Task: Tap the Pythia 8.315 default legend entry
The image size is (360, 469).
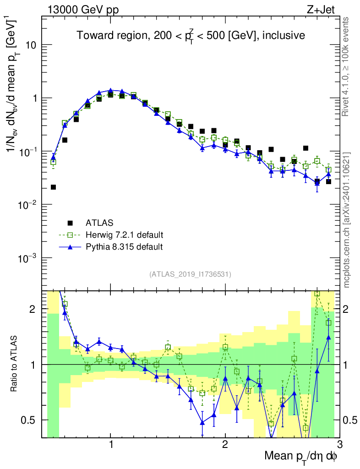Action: pos(124,247)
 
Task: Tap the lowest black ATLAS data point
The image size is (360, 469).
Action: pos(54,187)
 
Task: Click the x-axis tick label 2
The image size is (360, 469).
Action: pos(225,446)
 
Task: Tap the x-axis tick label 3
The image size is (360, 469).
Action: pos(339,446)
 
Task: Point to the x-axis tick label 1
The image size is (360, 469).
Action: pos(111,446)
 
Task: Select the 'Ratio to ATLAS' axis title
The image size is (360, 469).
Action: pos(15,364)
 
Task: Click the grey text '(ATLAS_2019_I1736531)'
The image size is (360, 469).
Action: pos(190,274)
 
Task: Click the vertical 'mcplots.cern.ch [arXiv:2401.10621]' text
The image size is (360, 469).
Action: pos(347,220)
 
